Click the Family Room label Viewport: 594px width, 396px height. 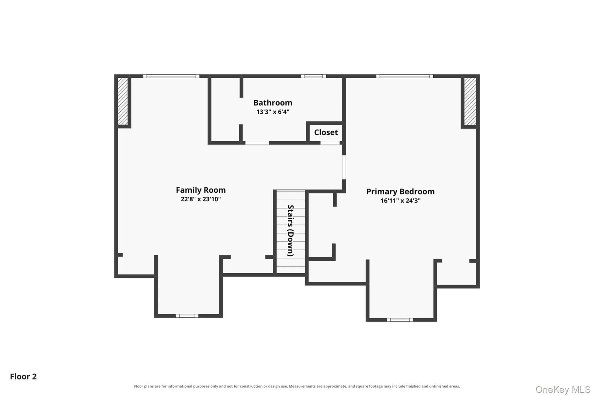[x=201, y=190]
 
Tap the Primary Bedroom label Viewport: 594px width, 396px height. [x=401, y=191]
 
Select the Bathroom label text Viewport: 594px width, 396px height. [x=273, y=103]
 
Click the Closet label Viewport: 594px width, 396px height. [x=326, y=133]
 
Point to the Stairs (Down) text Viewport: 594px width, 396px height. [x=291, y=231]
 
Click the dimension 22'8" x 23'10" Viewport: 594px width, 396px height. [x=201, y=199]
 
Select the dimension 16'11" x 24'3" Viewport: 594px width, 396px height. [x=401, y=200]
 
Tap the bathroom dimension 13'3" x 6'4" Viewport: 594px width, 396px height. [x=273, y=112]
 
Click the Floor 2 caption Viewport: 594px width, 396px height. [x=23, y=377]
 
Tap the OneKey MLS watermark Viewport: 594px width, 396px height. [x=563, y=390]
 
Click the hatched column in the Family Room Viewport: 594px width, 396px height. [x=123, y=101]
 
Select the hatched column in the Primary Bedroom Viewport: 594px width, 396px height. [x=470, y=101]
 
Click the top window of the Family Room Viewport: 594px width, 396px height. [x=171, y=76]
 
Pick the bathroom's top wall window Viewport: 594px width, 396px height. [x=314, y=76]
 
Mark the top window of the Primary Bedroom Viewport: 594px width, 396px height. [x=405, y=76]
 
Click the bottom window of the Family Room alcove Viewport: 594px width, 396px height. [x=187, y=316]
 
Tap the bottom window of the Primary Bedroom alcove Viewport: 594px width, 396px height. [x=400, y=320]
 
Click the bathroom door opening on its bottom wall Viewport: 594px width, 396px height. [x=257, y=143]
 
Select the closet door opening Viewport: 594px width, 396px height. [x=330, y=143]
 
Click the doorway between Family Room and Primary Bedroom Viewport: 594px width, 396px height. [x=344, y=167]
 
